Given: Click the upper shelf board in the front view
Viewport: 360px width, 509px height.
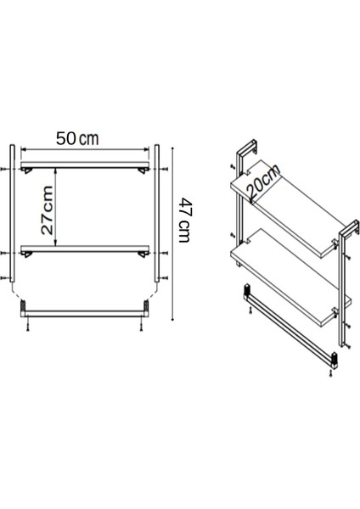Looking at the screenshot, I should [x=85, y=164].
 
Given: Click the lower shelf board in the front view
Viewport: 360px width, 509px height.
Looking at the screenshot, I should [x=85, y=248].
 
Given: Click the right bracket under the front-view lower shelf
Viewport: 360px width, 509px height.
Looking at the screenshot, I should [x=141, y=256].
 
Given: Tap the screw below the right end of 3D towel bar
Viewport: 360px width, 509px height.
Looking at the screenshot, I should [x=332, y=376].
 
